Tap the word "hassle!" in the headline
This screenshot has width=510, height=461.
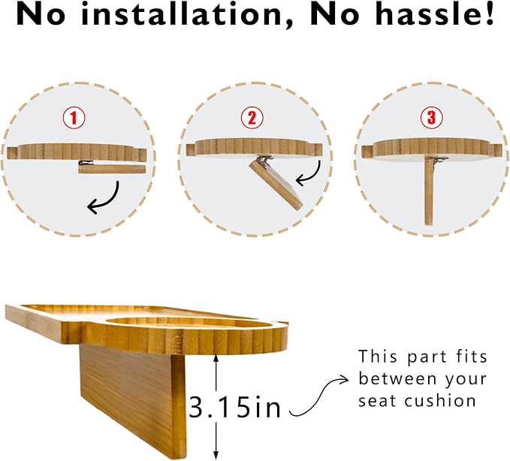435,14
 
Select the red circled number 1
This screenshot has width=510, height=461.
74,118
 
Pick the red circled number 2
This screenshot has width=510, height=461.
252,118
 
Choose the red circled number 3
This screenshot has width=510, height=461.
431,118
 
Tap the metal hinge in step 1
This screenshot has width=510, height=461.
85,163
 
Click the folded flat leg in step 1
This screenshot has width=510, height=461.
112,169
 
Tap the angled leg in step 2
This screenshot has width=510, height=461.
276,185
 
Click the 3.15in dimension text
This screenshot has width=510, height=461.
234,407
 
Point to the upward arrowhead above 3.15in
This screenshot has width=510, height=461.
216,357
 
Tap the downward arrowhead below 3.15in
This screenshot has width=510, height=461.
216,456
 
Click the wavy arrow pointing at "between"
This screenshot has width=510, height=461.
318,397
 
